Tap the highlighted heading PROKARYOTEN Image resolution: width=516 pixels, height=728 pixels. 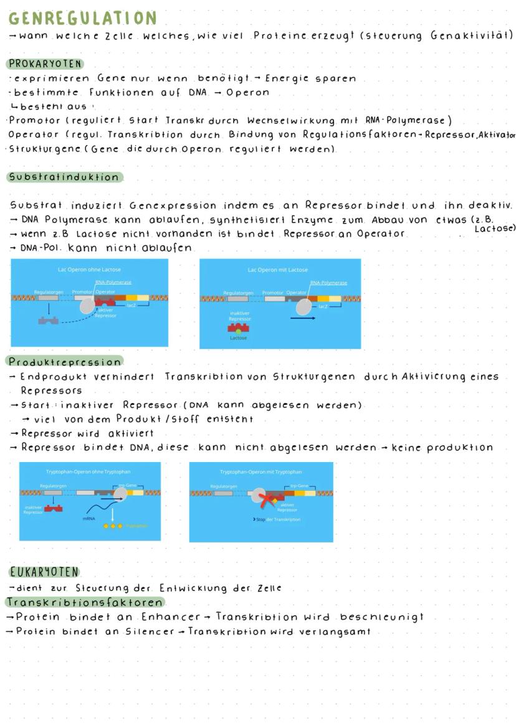click(x=45, y=64)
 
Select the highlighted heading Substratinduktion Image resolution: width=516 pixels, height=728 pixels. click(x=64, y=177)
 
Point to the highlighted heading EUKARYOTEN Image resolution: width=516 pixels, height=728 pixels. click(x=44, y=572)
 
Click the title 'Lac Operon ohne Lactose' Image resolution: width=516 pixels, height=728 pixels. click(x=89, y=269)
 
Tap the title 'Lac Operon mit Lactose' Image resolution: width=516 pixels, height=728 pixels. click(x=277, y=270)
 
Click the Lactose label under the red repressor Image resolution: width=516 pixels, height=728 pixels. click(x=238, y=338)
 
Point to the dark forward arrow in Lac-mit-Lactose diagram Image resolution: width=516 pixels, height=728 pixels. click(x=302, y=318)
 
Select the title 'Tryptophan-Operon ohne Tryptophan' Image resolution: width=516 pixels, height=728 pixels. click(x=90, y=471)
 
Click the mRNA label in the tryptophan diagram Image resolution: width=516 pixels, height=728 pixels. click(x=88, y=518)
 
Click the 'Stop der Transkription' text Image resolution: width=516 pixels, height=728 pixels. click(x=277, y=519)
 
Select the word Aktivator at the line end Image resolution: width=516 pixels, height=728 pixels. click(x=495, y=135)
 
